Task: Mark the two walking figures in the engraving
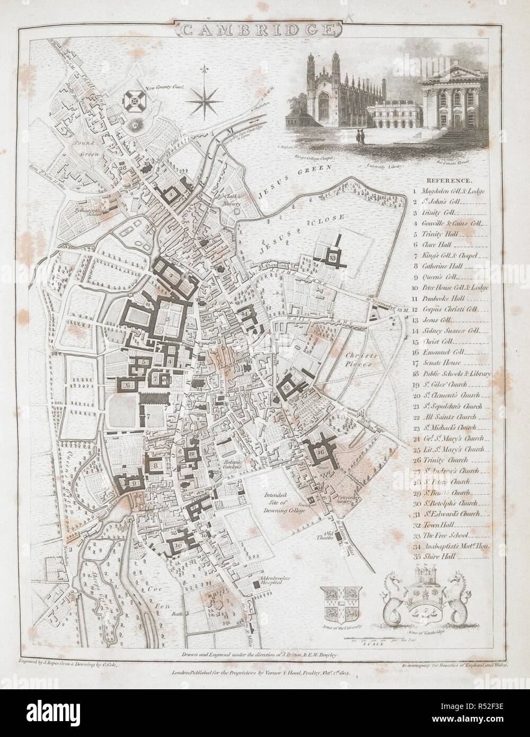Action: coord(361,138)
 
